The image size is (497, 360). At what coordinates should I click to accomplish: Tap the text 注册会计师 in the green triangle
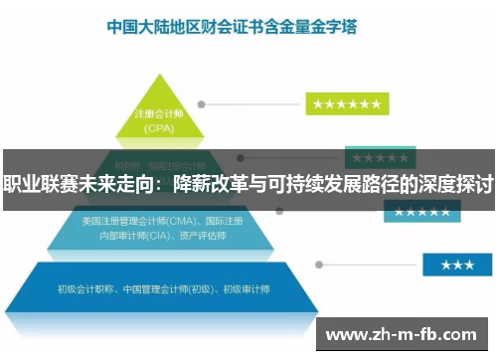(x=160, y=115)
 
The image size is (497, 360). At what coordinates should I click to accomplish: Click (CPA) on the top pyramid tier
(x=160, y=128)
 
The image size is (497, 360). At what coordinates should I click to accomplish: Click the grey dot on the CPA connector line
(x=201, y=103)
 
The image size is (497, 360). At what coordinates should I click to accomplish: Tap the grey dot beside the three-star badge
(x=319, y=266)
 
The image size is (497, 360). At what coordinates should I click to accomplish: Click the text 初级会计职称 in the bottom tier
(x=84, y=289)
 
